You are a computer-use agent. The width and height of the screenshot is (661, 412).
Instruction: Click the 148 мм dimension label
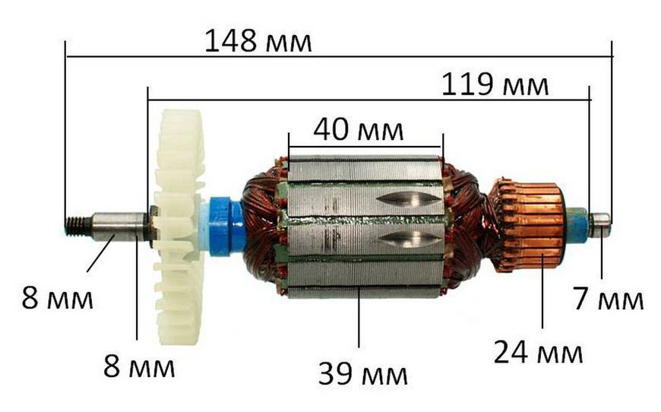click(258, 41)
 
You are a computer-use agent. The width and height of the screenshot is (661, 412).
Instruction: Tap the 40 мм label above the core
click(359, 129)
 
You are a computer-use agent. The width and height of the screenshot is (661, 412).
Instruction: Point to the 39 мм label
click(362, 373)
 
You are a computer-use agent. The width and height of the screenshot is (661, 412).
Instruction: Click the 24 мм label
click(538, 352)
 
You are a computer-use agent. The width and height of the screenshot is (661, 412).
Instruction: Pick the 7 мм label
click(608, 298)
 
